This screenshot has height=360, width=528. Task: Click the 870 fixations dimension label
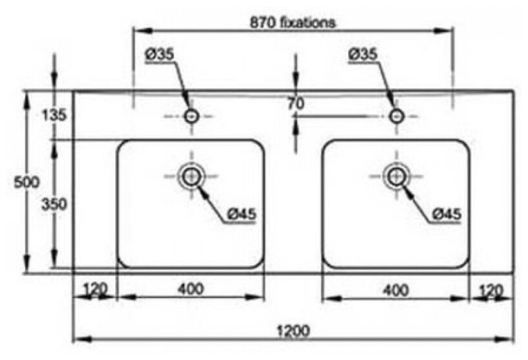tap(293, 22)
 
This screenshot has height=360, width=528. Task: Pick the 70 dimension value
tap(296, 102)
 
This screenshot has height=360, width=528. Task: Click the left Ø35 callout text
tap(160, 55)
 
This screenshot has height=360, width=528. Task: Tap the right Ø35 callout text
tap(363, 55)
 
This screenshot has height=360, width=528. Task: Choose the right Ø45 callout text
tap(446, 213)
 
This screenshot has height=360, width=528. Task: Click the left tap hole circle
tap(191, 116)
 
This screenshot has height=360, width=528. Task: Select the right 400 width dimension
tap(395, 290)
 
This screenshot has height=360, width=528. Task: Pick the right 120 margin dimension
tap(491, 290)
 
